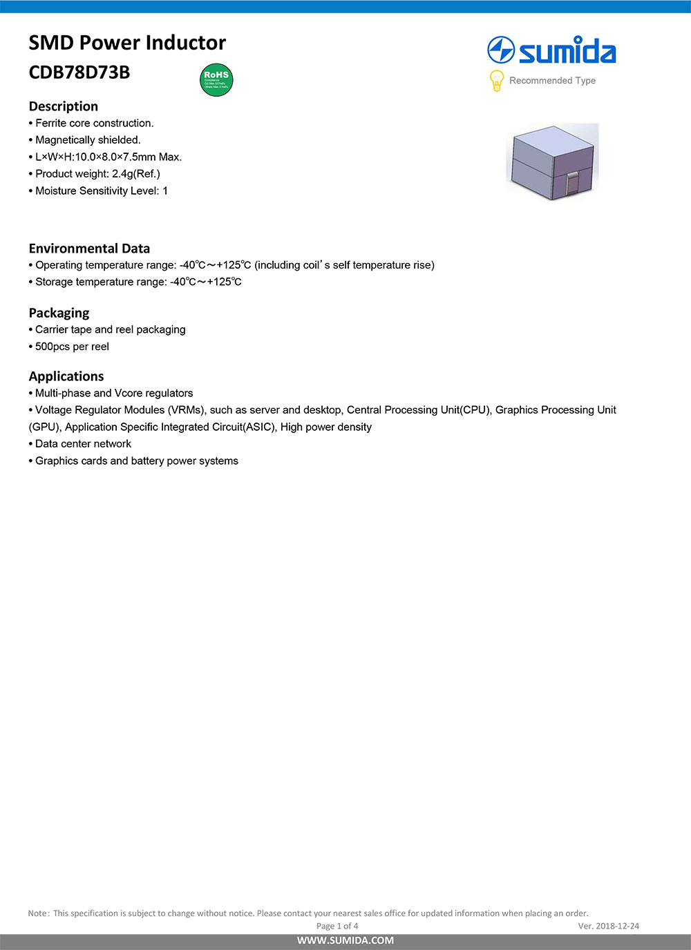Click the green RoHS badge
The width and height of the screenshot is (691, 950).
[216, 80]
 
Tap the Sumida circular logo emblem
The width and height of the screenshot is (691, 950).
[501, 50]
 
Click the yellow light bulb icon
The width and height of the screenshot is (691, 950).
[496, 81]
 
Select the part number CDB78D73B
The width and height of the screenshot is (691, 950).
[79, 72]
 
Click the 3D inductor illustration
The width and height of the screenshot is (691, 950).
[553, 162]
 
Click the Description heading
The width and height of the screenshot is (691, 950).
[64, 106]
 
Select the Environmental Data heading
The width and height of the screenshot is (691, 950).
[89, 249]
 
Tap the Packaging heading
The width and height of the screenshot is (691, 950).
[59, 313]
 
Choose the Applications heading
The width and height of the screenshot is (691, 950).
[66, 376]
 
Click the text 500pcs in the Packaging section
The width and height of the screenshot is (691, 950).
[53, 347]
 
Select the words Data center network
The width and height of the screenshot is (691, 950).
[83, 444]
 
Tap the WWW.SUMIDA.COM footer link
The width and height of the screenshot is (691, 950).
[345, 940]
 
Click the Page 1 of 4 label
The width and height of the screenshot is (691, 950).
[337, 926]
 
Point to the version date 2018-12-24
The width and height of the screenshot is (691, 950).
[618, 926]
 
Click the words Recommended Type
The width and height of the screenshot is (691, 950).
[552, 81]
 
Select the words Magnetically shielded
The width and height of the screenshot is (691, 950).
[88, 140]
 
